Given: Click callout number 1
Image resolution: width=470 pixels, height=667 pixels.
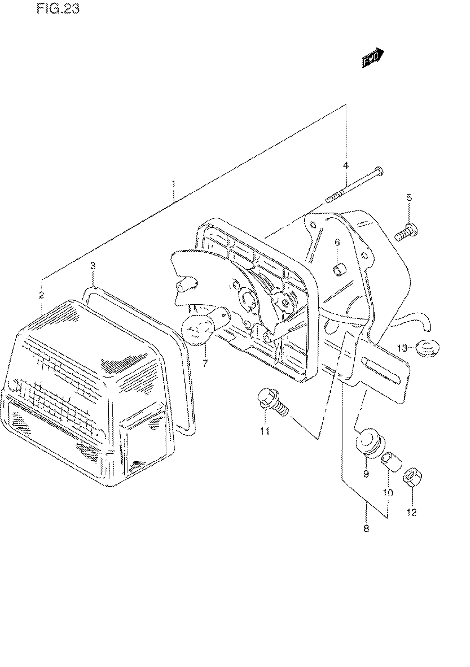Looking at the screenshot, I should tap(174, 184).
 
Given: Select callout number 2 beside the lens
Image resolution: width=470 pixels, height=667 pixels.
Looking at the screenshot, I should tap(41, 295).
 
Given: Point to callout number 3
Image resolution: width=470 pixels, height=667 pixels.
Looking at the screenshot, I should tap(93, 265).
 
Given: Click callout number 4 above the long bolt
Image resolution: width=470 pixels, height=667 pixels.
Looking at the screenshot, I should tap(346, 166).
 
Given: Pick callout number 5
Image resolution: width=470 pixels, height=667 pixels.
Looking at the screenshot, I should tap(409, 197).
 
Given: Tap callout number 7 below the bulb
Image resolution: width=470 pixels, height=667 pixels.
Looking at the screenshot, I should tap(205, 363).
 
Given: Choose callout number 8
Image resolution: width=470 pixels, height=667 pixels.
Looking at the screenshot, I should tap(366, 528).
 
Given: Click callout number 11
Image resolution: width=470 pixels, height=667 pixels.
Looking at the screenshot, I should tap(264, 431).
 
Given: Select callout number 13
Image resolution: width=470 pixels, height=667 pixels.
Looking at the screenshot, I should tap(403, 348).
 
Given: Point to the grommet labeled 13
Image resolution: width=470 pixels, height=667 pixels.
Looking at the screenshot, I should tap(427, 348).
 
